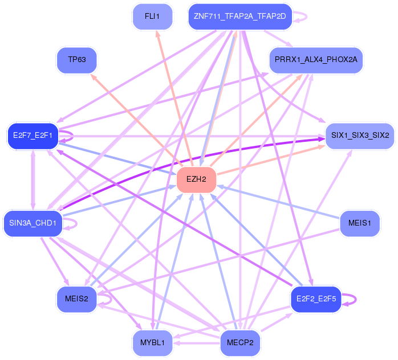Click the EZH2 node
click(x=196, y=179)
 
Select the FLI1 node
click(x=152, y=17)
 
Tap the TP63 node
click(x=77, y=60)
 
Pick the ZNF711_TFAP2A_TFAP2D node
click(x=240, y=17)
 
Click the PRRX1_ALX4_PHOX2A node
click(x=315, y=60)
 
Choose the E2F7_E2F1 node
click(x=33, y=136)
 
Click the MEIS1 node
click(x=359, y=223)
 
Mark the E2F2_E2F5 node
click(x=315, y=299)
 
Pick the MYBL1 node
click(x=152, y=342)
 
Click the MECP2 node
click(x=240, y=342)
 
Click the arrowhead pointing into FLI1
click(x=157, y=34)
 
